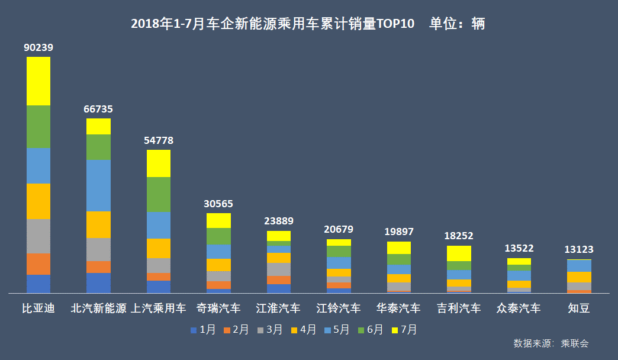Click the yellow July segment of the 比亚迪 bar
coord(38,81)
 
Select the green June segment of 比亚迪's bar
coord(38,126)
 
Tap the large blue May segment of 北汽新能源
coord(98,185)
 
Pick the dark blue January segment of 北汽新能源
coord(98,283)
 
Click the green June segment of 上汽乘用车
coord(159,194)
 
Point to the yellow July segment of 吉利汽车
coord(459,253)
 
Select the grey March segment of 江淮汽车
coord(279,269)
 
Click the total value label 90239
coord(38,47)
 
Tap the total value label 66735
coord(98,109)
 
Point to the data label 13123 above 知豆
coord(579,249)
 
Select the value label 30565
coord(218,204)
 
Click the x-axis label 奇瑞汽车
coord(218,308)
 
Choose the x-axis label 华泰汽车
coord(399,308)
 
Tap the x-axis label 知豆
coord(579,308)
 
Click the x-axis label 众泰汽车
coord(519,308)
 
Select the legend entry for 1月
coord(203,330)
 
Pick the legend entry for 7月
coord(404,330)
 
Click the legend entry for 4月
coord(304,330)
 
